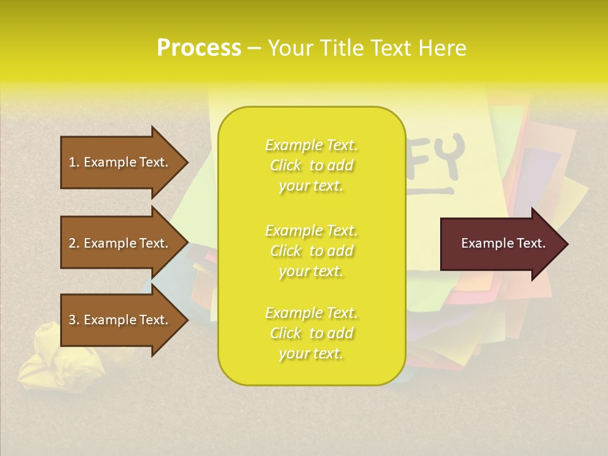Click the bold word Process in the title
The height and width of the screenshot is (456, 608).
[x=199, y=48]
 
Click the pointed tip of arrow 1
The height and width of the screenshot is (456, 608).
[x=185, y=162]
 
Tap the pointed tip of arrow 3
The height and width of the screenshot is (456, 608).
[x=185, y=320]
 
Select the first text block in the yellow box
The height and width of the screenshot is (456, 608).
[x=311, y=165]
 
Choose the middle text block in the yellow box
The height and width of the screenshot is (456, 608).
[x=311, y=251]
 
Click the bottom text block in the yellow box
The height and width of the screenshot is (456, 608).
[x=311, y=333]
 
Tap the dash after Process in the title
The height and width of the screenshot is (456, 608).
[x=254, y=49]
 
